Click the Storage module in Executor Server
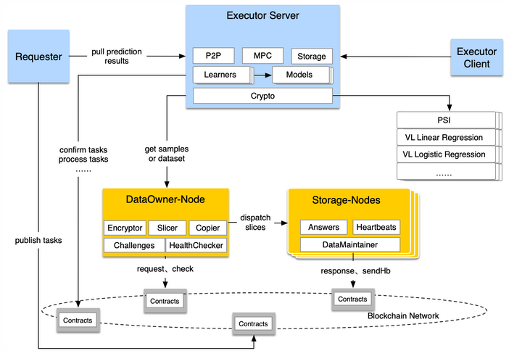click(x=312, y=57)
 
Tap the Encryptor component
click(x=125, y=228)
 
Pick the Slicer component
click(x=167, y=228)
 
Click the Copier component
click(x=207, y=228)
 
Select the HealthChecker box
click(x=196, y=245)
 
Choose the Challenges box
click(x=134, y=245)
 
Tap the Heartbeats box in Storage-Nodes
click(x=376, y=227)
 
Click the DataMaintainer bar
click(x=349, y=244)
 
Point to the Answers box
click(x=323, y=227)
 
